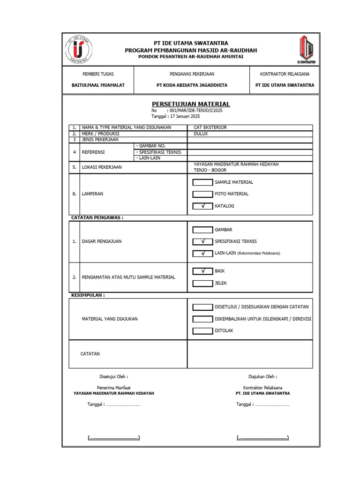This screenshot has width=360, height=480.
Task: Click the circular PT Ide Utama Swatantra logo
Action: point(78,50)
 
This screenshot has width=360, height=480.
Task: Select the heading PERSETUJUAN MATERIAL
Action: point(191,104)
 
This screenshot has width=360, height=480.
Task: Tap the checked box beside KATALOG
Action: point(202,206)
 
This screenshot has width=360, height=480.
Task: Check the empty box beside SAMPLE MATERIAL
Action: point(202,182)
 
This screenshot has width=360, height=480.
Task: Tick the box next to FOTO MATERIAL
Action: point(202,194)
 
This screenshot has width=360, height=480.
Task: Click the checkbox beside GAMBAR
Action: point(202,230)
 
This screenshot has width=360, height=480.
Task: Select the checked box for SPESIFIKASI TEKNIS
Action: point(202,241)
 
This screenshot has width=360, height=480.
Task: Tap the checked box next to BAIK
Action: point(202,271)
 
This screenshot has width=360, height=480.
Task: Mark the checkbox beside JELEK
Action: point(202,283)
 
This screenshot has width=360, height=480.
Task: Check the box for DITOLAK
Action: point(202,330)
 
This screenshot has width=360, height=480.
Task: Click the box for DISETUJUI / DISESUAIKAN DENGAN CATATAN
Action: point(202,307)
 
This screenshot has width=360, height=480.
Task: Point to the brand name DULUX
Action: point(201,134)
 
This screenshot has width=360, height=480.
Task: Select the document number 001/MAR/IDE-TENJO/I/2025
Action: point(196,111)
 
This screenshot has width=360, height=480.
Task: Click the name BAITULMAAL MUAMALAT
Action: point(98,85)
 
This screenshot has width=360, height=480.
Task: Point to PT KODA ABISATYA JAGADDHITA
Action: point(192,85)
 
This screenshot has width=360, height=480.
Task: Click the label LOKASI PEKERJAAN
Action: point(102,167)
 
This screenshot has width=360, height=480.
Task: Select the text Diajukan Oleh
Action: point(262,376)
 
